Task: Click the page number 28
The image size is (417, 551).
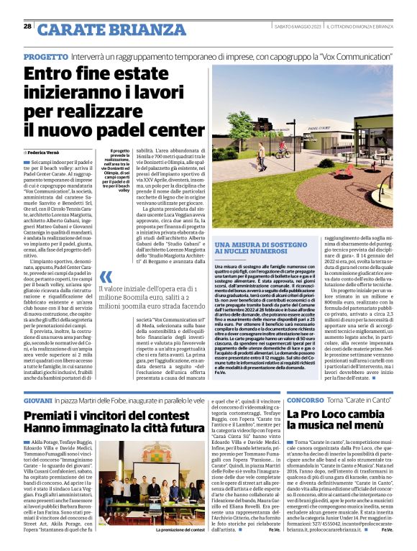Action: [x=27, y=26]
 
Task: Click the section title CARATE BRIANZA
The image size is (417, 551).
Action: [x=102, y=29]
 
